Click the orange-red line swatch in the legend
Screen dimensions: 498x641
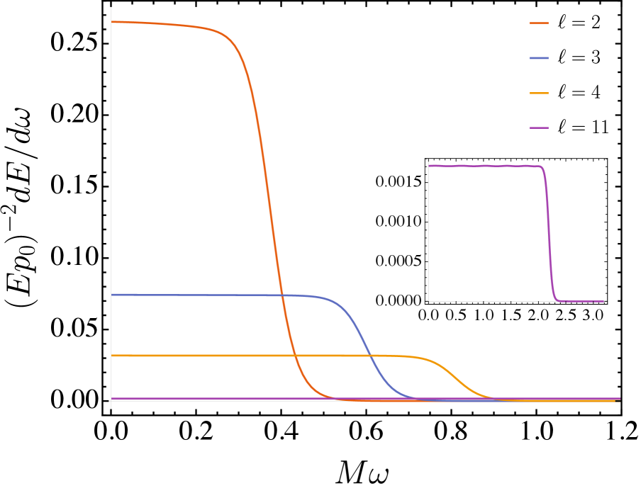539,23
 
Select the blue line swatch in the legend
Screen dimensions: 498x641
539,58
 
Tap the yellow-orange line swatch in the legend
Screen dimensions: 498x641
539,93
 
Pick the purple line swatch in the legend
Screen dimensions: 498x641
539,128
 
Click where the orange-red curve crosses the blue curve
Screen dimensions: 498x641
282,295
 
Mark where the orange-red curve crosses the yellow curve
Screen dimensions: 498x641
294,356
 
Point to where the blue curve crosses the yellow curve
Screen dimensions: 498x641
369,356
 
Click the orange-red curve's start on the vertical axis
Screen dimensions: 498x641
112,22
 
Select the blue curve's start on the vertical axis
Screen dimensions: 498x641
112,295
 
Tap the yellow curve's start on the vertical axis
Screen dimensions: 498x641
112,356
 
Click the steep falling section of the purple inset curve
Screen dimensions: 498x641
549,234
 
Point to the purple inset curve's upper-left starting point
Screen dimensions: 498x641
429,165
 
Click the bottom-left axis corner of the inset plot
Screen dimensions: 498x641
428,301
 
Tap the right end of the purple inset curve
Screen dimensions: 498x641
603,301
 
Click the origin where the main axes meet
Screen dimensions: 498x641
111,401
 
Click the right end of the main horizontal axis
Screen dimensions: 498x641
620,401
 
